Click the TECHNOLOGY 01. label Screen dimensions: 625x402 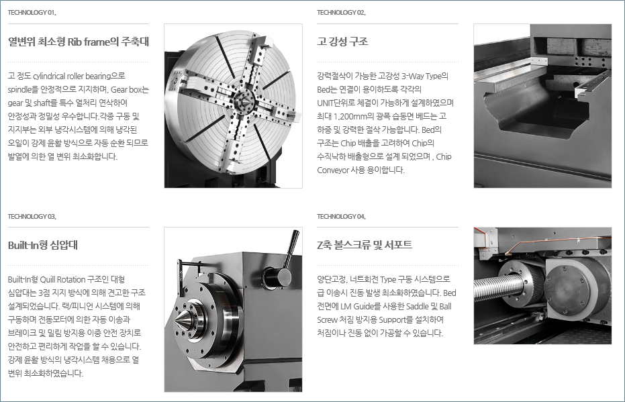32,13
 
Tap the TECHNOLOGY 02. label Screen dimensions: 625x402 341,13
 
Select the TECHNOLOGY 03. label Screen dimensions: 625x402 32,217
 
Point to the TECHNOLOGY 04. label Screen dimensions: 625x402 341,217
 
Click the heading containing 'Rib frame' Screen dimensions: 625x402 79,42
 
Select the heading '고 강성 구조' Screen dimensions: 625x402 342,42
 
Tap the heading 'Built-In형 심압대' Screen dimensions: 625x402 43,245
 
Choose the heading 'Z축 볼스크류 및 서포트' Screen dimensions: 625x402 365,245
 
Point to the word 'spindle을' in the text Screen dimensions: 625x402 23,90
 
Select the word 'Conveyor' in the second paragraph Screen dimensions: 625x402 333,170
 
